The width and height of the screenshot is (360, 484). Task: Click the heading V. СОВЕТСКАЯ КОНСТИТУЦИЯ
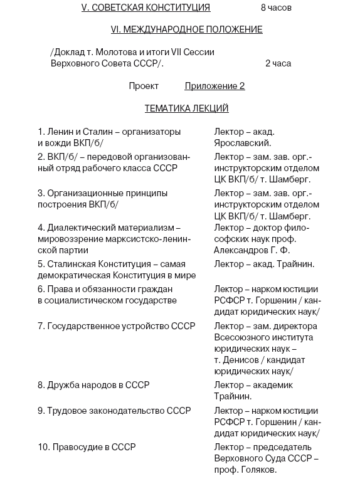[146, 8]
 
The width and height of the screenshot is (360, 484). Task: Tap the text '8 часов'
[276, 8]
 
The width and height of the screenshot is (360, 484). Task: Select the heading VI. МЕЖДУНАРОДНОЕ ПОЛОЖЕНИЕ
[186, 29]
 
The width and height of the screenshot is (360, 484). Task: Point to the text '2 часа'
[278, 63]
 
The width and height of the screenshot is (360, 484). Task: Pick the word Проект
[144, 86]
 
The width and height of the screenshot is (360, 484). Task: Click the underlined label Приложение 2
[214, 86]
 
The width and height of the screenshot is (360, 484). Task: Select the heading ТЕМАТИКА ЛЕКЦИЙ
[186, 108]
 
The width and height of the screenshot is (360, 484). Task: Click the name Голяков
[255, 470]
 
